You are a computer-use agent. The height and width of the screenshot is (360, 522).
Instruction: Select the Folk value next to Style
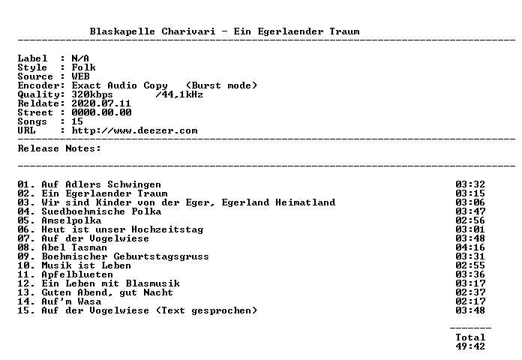coord(83,67)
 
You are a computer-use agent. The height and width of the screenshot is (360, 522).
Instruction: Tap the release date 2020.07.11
coord(101,103)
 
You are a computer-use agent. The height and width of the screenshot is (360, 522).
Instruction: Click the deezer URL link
coord(134,130)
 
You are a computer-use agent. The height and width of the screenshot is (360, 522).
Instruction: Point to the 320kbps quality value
coord(92,95)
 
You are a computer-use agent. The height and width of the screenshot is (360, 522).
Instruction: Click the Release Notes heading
coord(59,148)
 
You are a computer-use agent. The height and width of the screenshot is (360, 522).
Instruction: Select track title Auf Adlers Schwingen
coord(101,184)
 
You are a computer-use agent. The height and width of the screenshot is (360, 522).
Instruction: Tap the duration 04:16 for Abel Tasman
coord(470,247)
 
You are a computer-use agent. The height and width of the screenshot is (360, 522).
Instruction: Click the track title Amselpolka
coord(71,220)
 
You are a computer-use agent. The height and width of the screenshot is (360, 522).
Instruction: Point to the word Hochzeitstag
coord(167,229)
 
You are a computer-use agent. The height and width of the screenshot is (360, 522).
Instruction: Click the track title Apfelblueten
coord(77,274)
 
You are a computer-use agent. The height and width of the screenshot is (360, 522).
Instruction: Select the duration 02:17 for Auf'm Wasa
coord(470,301)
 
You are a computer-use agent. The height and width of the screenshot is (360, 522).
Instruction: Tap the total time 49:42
coord(470,346)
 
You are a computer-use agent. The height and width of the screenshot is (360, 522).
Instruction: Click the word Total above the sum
coord(470,337)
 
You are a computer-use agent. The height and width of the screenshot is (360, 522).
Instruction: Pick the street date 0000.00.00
coord(101,112)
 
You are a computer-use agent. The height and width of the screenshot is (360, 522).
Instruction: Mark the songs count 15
coord(77,121)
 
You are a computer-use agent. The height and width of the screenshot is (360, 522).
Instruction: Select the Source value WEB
coord(80,76)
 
